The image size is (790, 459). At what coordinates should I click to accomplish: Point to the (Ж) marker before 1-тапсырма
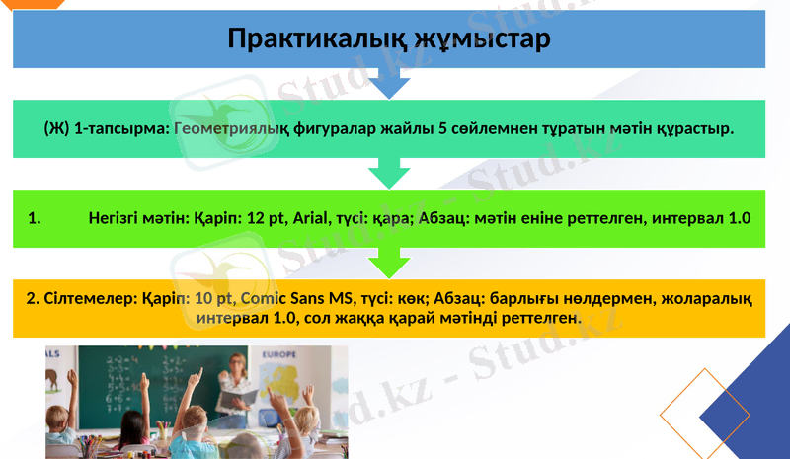pyautogui.click(x=57, y=128)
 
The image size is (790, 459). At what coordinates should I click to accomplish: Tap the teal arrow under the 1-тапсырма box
pyautogui.click(x=388, y=175)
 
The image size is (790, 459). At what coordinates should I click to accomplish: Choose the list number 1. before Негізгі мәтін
pyautogui.click(x=34, y=218)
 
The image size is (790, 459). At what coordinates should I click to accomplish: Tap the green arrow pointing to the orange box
pyautogui.click(x=388, y=263)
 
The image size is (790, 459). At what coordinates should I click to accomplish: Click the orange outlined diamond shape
pyautogui.click(x=705, y=415)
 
